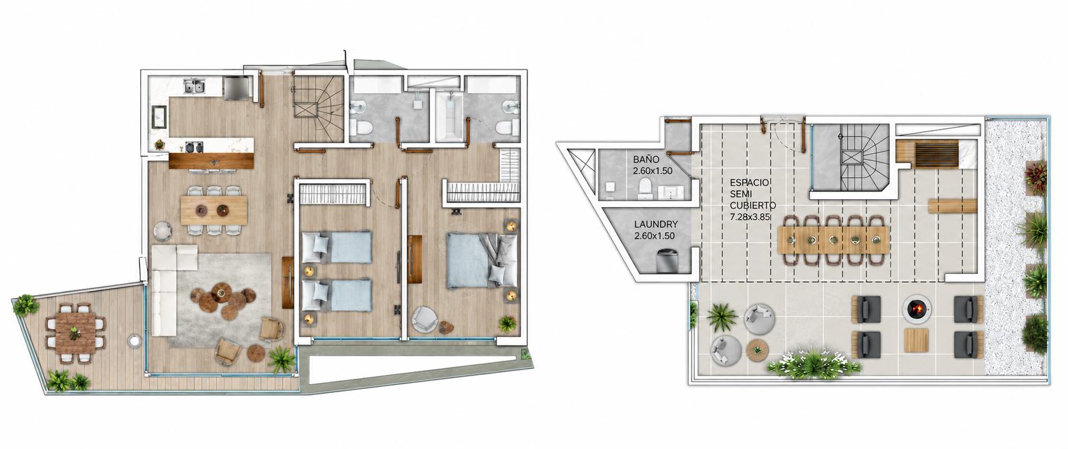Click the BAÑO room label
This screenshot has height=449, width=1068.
646,160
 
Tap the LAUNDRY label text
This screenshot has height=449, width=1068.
655,224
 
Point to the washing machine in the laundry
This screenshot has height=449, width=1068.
666,261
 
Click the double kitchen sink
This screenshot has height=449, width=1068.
194,87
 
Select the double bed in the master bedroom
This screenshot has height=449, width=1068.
482,260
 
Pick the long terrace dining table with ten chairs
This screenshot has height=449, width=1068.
833,240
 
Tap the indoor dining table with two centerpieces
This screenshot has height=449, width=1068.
214,210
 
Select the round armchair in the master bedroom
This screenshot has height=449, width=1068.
425,319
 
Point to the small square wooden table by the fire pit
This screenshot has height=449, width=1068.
916,341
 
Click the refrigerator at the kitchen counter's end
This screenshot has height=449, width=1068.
236,88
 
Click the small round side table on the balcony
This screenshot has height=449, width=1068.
134,340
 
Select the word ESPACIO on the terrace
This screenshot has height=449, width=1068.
749,182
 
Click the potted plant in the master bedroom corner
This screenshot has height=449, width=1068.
507,324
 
